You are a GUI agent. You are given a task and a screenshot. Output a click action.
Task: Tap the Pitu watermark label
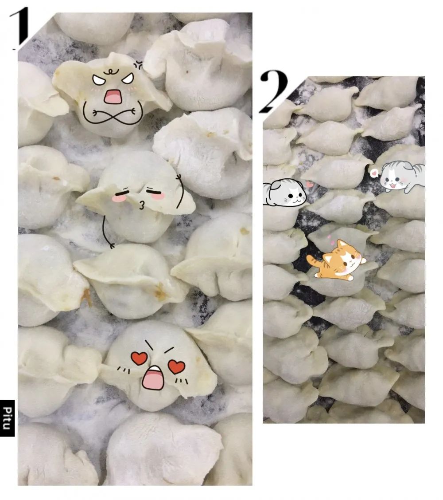point(8,418)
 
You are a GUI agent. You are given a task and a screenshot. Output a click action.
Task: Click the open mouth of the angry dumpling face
point(113,97)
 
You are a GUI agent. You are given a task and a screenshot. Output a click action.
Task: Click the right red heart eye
point(177,367)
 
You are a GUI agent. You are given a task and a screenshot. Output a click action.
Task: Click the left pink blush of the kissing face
point(118,198)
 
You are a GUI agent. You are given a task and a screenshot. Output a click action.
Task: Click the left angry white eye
point(99,80)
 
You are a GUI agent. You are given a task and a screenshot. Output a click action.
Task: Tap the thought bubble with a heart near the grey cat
point(374,173)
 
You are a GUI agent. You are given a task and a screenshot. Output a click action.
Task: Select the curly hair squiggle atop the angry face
point(110,71)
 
